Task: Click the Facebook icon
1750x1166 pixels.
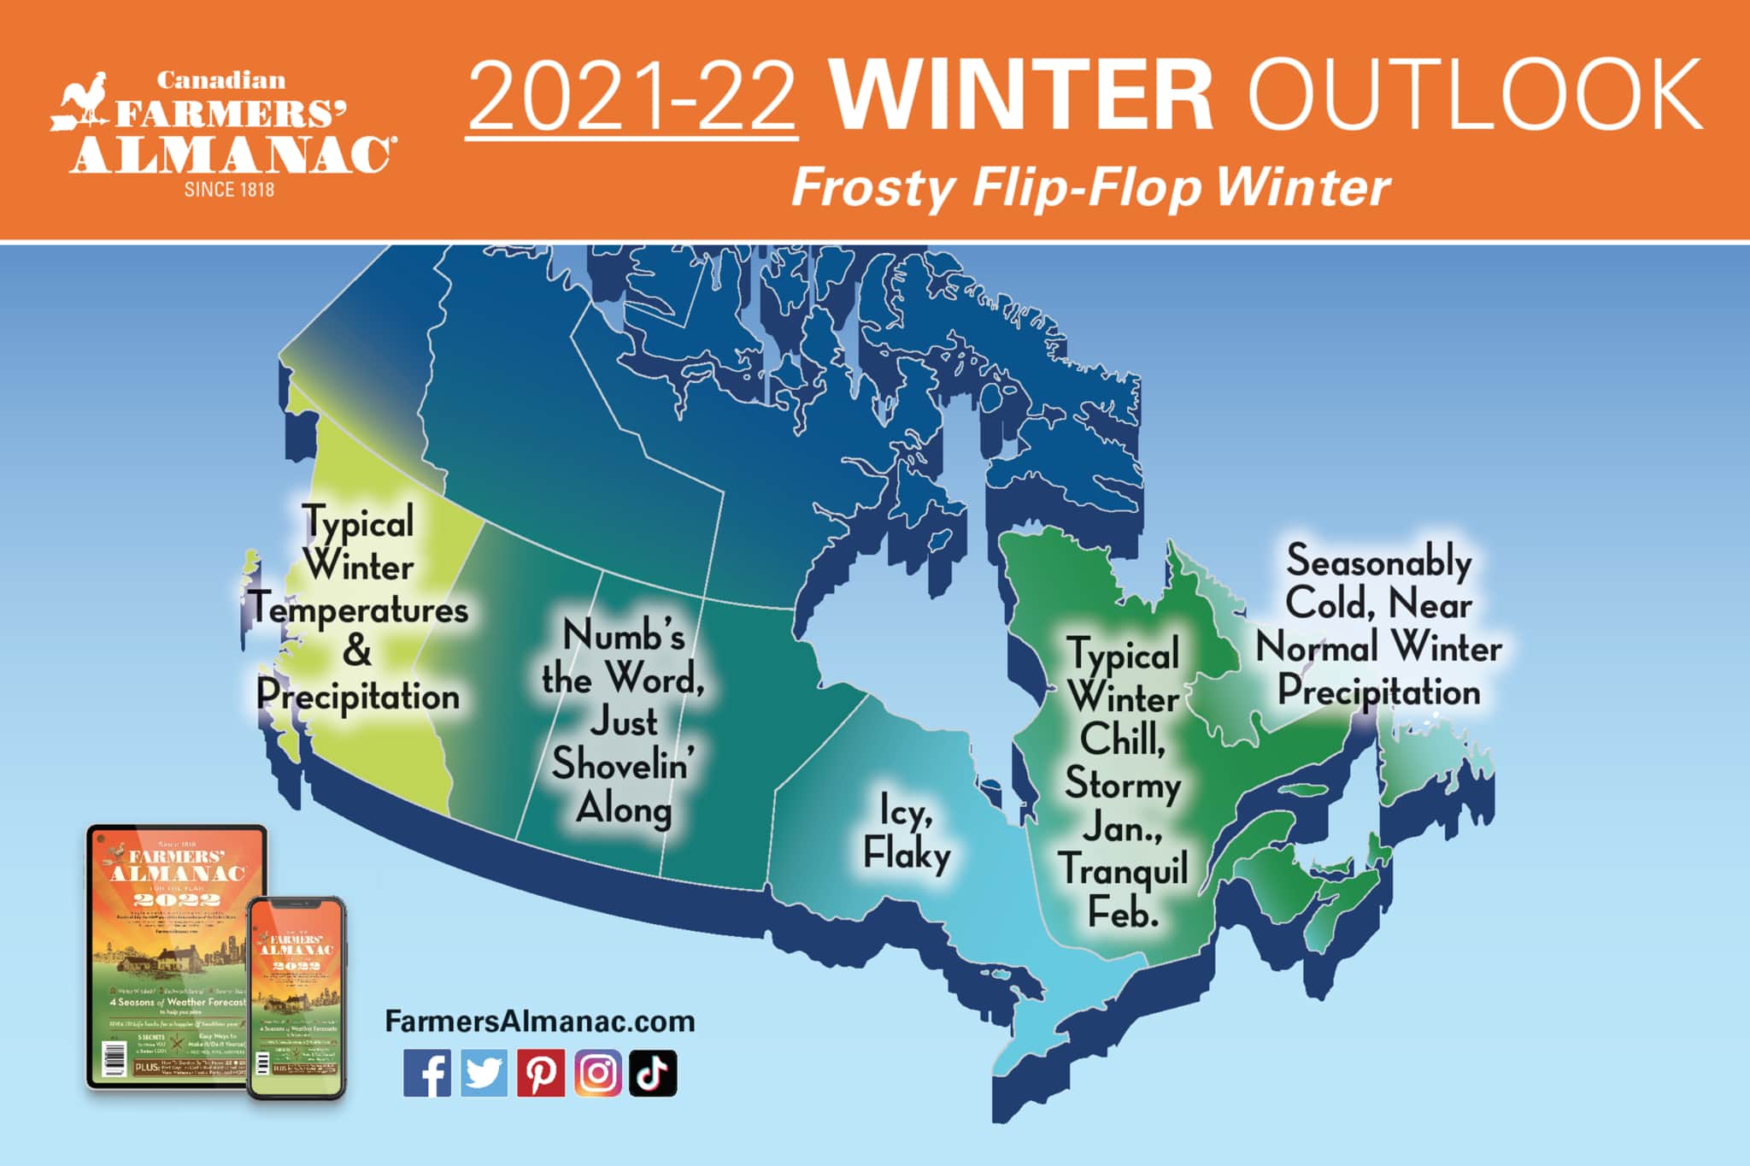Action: (426, 1073)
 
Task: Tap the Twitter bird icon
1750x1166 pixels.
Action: (484, 1073)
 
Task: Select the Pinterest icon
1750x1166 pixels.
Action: (540, 1073)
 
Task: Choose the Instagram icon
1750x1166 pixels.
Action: (597, 1073)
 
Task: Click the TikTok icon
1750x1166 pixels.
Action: (654, 1073)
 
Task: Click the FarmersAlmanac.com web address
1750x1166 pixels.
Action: (539, 1021)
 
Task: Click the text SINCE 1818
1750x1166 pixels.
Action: (229, 190)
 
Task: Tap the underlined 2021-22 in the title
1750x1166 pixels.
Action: (632, 97)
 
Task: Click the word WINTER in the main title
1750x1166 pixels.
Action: (1021, 95)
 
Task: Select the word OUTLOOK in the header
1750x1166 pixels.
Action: (1474, 95)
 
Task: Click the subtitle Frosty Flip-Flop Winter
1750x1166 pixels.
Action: (1090, 187)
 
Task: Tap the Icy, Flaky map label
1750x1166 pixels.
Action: (907, 832)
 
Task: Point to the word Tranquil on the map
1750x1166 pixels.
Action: (1123, 869)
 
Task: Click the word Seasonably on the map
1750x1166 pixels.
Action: (1378, 562)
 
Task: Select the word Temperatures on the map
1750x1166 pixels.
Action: (360, 610)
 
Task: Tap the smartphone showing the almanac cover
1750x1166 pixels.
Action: (297, 997)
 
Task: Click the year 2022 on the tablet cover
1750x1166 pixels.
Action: (176, 899)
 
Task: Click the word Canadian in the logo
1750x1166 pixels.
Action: (220, 81)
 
